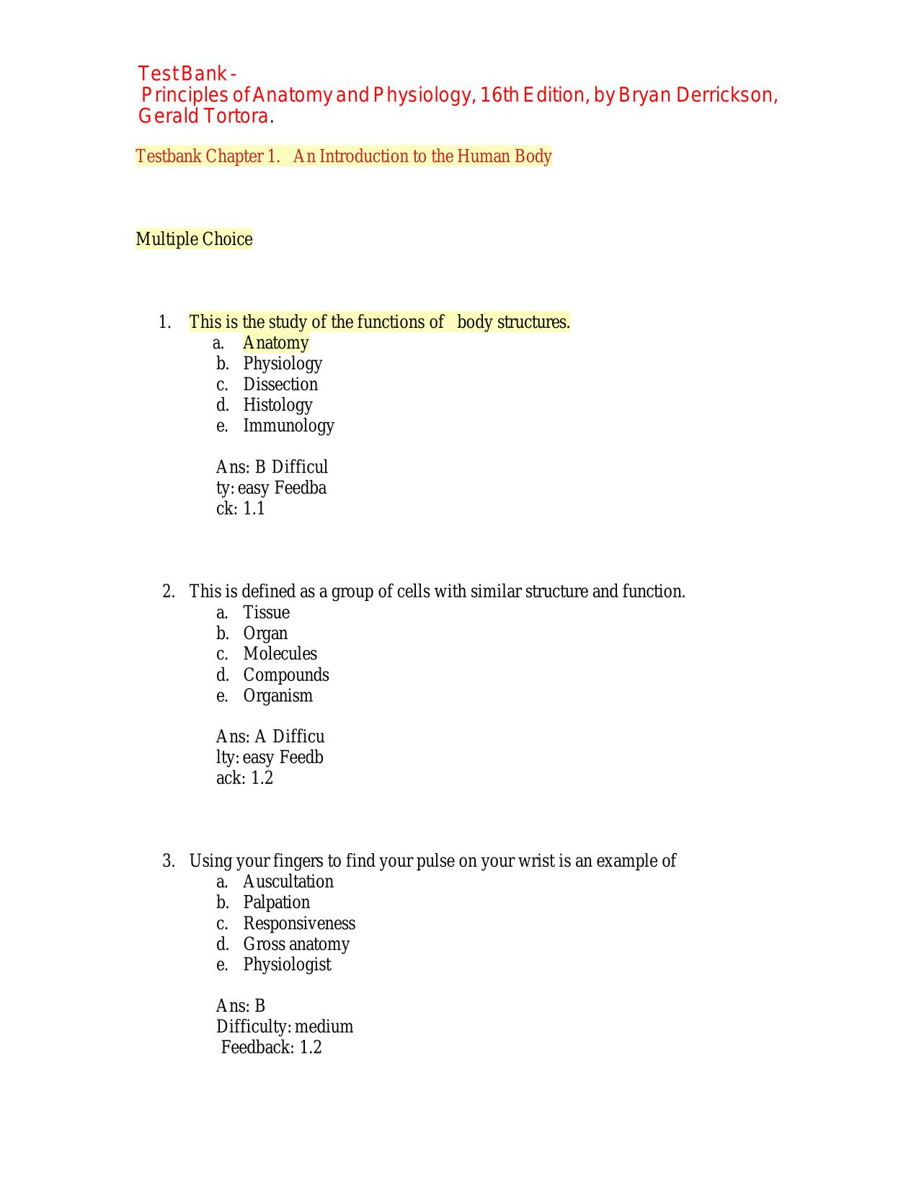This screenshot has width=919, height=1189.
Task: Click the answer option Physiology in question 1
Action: [282, 364]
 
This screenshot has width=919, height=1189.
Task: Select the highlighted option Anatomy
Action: [275, 343]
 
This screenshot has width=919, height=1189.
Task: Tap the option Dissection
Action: [280, 385]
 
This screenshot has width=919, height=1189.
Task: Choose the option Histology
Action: [278, 405]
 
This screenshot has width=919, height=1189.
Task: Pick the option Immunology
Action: [288, 426]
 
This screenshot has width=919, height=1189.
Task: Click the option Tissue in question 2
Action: [266, 613]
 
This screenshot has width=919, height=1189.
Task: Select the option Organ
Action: [265, 633]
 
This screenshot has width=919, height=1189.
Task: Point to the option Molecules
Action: [280, 654]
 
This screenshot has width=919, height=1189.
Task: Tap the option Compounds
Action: [285, 675]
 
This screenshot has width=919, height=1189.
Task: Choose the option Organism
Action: [278, 696]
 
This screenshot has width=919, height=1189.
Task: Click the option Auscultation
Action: [288, 882]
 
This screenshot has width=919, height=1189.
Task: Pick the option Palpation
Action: [276, 903]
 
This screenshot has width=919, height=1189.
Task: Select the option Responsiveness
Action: [298, 924]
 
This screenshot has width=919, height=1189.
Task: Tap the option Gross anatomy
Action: [296, 945]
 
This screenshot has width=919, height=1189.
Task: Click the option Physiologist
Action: [287, 965]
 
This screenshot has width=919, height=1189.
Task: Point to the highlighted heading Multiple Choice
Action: [194, 239]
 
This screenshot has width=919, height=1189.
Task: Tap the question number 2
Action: [169, 592]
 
